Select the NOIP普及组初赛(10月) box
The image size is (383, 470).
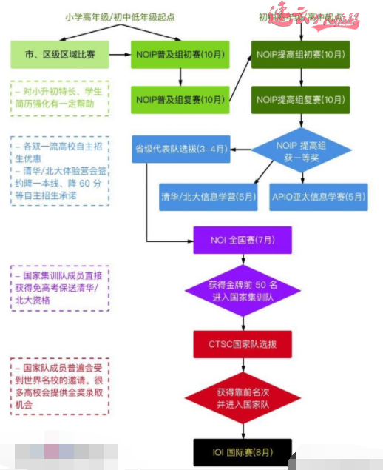181,55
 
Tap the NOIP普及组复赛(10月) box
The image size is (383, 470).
181,99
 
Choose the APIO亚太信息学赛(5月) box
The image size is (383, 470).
317,197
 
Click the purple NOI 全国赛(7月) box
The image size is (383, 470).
242,240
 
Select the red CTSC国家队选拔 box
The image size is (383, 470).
242,344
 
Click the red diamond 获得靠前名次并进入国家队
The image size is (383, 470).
242,397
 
